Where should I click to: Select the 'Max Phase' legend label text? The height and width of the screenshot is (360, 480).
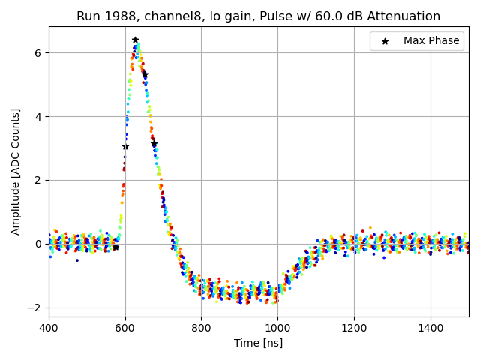(431, 41)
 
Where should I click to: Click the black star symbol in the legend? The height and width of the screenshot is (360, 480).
(385, 41)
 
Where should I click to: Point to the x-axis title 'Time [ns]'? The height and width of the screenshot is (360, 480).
(259, 343)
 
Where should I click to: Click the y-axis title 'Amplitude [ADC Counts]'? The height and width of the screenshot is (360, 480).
(16, 171)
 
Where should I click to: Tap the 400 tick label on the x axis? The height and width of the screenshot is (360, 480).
(49, 328)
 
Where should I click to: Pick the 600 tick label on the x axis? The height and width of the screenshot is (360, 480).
(125, 328)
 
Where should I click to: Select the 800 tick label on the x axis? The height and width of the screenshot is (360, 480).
(201, 328)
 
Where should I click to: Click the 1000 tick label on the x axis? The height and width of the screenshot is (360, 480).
(277, 328)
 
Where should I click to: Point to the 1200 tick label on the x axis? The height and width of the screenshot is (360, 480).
(354, 328)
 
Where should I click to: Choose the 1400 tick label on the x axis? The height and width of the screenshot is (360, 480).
(430, 328)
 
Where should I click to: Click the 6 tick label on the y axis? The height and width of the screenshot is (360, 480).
(38, 52)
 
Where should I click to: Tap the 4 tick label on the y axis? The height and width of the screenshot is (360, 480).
(38, 116)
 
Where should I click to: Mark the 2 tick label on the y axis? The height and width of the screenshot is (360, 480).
(38, 180)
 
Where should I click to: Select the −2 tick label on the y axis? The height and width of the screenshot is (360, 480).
(34, 307)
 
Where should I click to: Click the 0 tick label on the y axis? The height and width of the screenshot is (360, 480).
(38, 244)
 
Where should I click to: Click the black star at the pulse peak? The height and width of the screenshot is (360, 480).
(135, 40)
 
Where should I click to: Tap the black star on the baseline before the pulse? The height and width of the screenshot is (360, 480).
(115, 247)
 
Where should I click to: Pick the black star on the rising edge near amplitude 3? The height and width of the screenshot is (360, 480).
(125, 146)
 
